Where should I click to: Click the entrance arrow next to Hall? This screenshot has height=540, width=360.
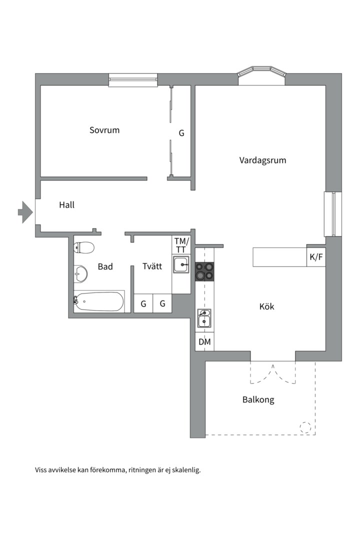point(24,211)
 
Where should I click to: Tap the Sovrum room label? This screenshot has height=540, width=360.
point(104,130)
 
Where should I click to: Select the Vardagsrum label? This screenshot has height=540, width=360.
point(262,160)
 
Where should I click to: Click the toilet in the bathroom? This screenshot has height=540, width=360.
point(84,247)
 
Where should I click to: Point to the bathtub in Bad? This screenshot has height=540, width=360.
point(99,301)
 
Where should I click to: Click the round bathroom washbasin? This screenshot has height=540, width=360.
point(80,273)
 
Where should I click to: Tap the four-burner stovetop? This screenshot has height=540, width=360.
point(204,272)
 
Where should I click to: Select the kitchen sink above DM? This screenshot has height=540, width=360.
point(204,318)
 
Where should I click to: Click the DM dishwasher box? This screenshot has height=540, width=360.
point(204,342)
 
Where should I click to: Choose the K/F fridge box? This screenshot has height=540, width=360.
point(316,257)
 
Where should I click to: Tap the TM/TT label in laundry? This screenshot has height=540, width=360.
point(181,244)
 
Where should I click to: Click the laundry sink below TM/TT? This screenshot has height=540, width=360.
point(181,264)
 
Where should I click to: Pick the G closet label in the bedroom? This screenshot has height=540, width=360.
point(181,133)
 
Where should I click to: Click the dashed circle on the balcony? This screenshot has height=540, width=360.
point(304,427)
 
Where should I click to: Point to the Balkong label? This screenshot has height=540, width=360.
point(258,400)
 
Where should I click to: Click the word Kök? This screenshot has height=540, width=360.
point(266,306)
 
